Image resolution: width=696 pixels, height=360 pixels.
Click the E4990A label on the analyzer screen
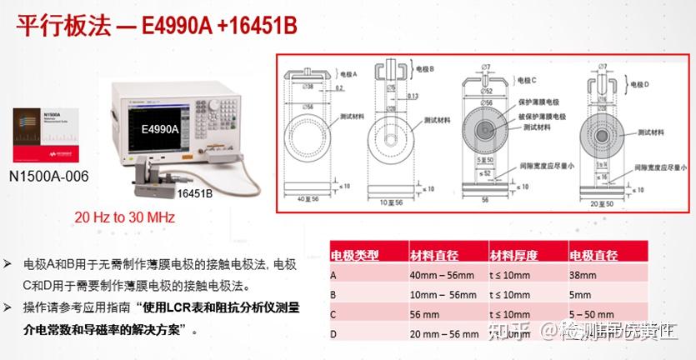click(162, 130)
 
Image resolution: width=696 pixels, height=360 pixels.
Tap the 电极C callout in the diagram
click(529, 80)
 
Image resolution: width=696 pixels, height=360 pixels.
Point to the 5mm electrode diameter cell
click(580, 294)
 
